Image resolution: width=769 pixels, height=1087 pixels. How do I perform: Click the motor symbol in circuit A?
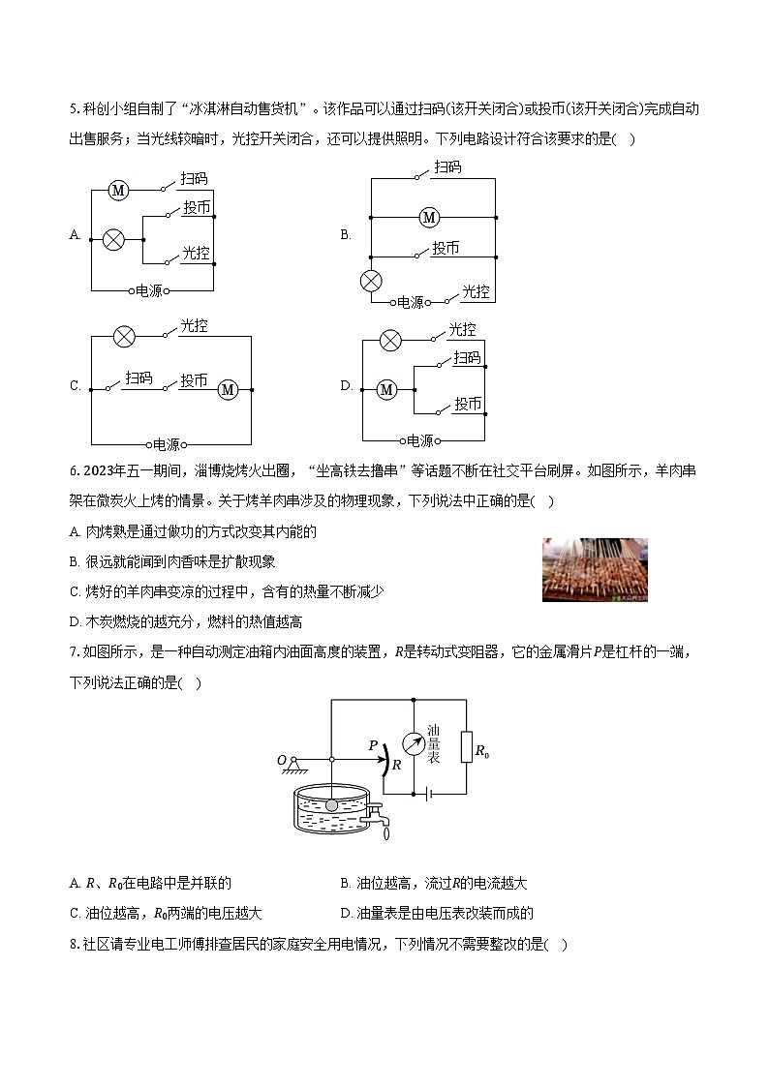pos(118,191)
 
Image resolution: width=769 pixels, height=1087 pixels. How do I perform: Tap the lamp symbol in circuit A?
pos(114,239)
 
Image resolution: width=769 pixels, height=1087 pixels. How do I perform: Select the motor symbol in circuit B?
pos(429,218)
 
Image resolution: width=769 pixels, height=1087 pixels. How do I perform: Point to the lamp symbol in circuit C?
pos(124,337)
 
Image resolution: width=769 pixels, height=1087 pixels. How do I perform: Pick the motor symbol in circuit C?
pos(229,389)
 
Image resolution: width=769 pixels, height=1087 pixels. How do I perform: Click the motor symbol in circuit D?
pos(387,389)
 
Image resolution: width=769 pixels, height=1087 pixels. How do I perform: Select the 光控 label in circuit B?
pos(475,291)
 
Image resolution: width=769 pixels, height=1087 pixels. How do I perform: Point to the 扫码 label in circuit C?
pos(138,378)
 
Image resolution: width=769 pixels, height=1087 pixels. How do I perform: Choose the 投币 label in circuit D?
pos(468,404)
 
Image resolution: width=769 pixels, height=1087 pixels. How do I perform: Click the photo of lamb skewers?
pos(595,570)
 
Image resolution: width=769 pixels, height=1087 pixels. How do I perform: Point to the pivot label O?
pos(282,760)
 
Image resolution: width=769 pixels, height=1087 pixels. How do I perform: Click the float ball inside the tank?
pos(331,804)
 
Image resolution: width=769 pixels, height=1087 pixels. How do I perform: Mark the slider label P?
pos(373,745)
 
